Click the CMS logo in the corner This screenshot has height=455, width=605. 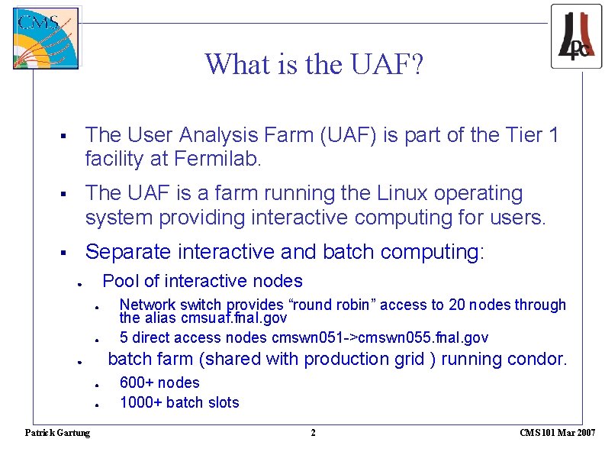tap(46, 38)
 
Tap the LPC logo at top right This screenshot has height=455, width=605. tap(576, 36)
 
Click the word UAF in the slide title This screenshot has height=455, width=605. tap(381, 64)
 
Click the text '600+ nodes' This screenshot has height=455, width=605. tap(159, 382)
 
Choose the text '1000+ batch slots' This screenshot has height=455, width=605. tap(179, 402)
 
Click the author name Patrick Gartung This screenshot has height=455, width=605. tap(57, 433)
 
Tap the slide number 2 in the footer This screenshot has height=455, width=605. tap(312, 433)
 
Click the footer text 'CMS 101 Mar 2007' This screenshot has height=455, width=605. tap(557, 433)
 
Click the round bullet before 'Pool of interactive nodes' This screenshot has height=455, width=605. tap(79, 283)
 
